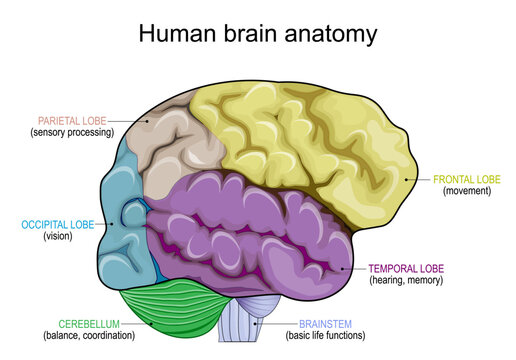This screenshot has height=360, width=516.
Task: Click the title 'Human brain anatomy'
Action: point(257,33)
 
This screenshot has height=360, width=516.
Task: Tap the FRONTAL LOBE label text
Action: point(467,180)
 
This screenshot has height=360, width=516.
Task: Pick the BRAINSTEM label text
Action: point(327,324)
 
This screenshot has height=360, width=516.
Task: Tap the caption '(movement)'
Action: point(467,192)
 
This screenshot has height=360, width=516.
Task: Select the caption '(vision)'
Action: point(58,237)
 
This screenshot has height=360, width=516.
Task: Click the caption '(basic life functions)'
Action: point(327,336)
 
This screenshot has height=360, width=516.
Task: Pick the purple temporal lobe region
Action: point(250,230)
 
